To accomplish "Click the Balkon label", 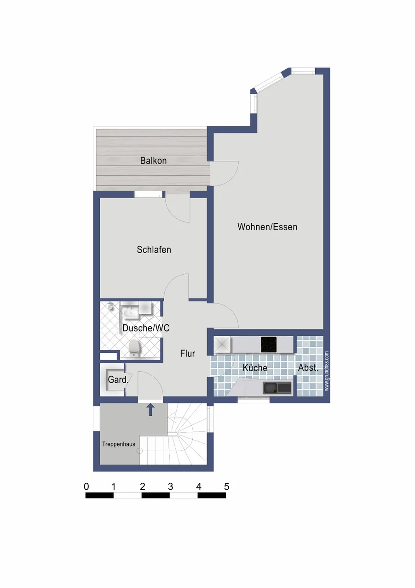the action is click(x=153, y=160).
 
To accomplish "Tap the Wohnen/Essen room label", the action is click(x=267, y=227).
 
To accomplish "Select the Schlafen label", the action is click(x=154, y=249).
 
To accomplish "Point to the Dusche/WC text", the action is click(x=146, y=328).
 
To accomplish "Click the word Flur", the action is click(x=188, y=353).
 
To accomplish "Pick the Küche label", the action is click(x=255, y=368).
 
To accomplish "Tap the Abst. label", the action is click(x=308, y=367).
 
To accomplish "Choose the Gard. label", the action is click(x=118, y=379).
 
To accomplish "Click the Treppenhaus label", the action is click(x=119, y=444).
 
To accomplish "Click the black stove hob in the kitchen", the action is click(x=269, y=345).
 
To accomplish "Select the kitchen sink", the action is click(x=277, y=388).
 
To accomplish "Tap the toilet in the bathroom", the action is click(x=134, y=347).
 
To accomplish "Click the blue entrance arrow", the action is click(x=150, y=410).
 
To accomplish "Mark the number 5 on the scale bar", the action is click(x=226, y=486).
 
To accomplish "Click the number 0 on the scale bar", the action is click(x=86, y=486).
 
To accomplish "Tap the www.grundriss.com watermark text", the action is click(x=327, y=371).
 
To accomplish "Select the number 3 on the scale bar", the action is click(x=170, y=486).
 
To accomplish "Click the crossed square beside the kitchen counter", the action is click(x=222, y=345).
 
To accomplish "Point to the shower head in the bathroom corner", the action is click(x=110, y=306).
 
